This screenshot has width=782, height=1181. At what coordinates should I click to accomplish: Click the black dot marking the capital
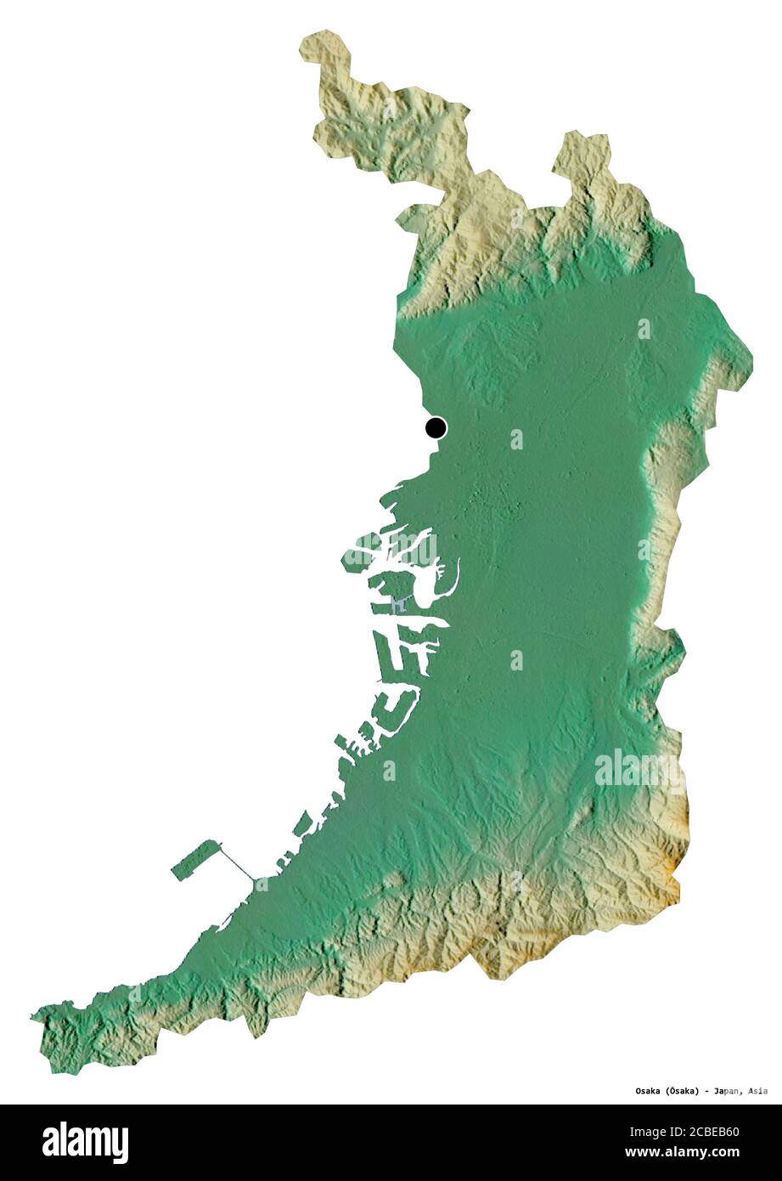(436, 427)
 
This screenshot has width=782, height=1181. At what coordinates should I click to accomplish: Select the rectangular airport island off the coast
(196, 859)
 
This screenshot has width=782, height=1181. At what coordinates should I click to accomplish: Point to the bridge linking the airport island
(239, 866)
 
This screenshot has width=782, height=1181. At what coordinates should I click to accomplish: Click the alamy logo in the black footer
(85, 1143)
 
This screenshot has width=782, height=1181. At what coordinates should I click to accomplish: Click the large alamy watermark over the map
(639, 770)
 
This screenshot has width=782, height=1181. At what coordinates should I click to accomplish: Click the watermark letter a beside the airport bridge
(262, 884)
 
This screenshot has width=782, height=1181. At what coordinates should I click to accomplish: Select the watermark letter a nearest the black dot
(516, 439)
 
